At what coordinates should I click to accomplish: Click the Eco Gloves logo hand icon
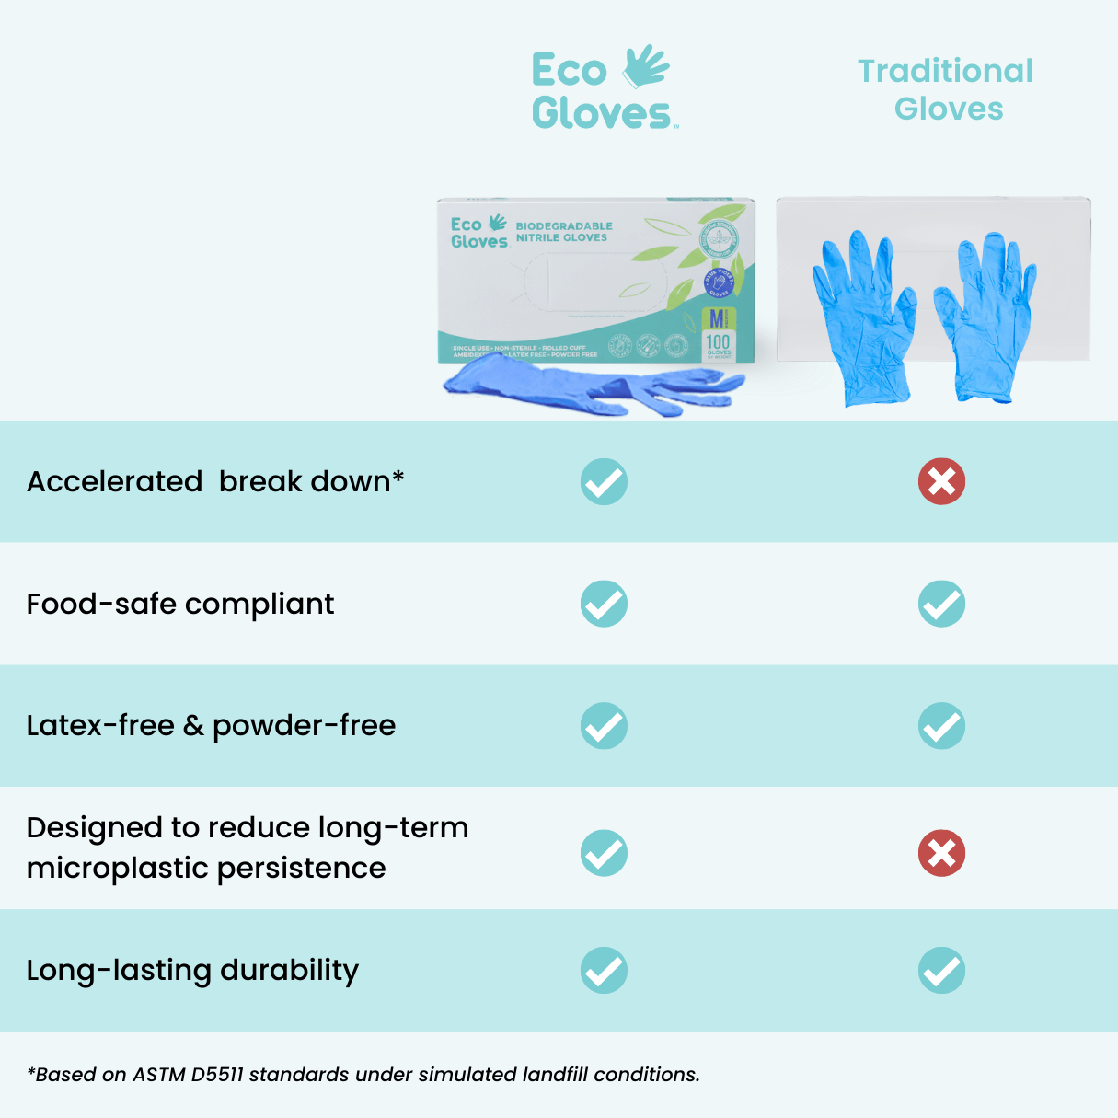point(646,66)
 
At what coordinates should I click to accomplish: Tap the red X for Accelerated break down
point(941,481)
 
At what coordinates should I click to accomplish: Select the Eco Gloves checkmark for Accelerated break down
point(604,481)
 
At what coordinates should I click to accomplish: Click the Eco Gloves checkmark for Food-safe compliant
point(604,604)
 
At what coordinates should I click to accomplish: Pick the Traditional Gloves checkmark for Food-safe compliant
point(941,604)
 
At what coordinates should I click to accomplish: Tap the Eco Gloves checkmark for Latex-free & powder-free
point(604,726)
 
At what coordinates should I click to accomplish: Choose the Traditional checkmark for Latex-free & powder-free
point(941,726)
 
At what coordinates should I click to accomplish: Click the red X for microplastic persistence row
point(941,853)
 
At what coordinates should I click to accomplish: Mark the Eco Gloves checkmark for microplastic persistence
point(604,853)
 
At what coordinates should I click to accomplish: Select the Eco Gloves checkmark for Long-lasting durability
point(604,970)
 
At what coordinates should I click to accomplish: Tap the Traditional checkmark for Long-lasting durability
point(941,970)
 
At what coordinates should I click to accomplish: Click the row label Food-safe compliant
point(180,604)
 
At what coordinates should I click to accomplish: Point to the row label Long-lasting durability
point(192,970)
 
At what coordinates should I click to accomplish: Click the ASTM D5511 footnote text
point(363,1074)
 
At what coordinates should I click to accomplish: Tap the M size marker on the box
point(716,318)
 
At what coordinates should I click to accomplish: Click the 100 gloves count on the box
point(718,344)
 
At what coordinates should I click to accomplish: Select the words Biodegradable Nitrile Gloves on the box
point(563,231)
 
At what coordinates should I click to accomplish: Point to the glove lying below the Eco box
point(589,387)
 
